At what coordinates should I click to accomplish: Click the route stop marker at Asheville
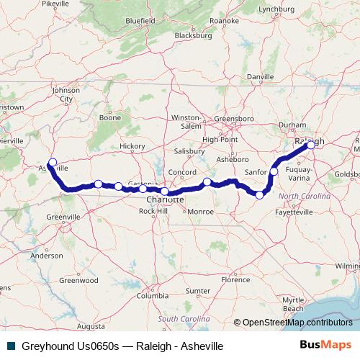52,162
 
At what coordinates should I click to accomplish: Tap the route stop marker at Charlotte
165,192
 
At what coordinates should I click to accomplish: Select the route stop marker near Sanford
274,171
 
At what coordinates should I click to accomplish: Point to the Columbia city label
153,296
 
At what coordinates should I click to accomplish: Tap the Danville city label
260,76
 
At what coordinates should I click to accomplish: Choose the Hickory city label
132,145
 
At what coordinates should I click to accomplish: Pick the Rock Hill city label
152,211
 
